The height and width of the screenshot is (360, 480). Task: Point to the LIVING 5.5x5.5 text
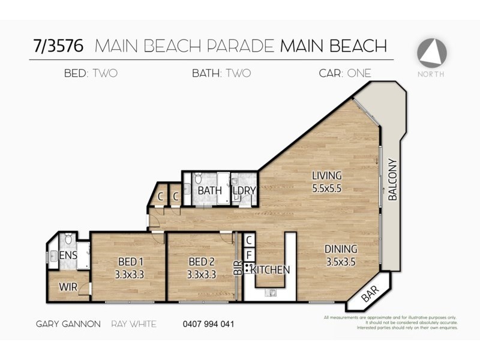pyautogui.click(x=326, y=181)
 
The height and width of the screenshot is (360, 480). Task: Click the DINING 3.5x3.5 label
pyautogui.click(x=341, y=254)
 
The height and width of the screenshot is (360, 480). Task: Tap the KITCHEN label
pyautogui.click(x=271, y=270)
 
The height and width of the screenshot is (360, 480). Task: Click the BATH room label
pyautogui.click(x=209, y=191)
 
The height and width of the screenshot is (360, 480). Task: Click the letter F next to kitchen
pyautogui.click(x=249, y=254)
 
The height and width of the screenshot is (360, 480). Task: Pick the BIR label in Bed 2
pyautogui.click(x=237, y=268)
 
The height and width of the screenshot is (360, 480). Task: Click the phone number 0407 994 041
pyautogui.click(x=208, y=324)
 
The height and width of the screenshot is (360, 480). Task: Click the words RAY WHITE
pyautogui.click(x=134, y=324)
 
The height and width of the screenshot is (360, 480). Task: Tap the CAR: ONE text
pyautogui.click(x=345, y=74)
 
